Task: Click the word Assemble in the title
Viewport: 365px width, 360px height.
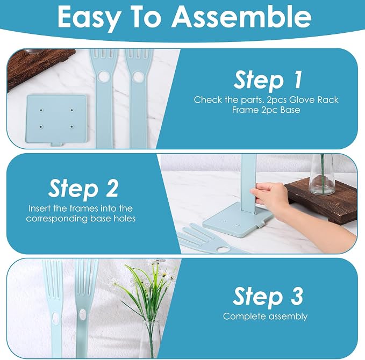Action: point(241,17)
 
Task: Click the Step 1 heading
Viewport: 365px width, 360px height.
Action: point(268,80)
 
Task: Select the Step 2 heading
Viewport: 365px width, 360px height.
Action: point(83,188)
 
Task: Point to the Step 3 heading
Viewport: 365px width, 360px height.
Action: point(268,296)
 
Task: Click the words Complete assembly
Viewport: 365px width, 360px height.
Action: point(265,316)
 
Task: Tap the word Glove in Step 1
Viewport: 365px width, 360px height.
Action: point(302,100)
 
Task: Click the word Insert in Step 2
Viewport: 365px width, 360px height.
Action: point(40,208)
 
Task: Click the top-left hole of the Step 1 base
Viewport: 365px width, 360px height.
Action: point(41,110)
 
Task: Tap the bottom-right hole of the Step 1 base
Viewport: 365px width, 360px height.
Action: point(71,127)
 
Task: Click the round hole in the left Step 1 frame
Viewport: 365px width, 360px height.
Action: point(103,76)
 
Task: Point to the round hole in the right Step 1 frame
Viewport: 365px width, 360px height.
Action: point(138,76)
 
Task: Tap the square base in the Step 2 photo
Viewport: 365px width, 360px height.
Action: point(238,221)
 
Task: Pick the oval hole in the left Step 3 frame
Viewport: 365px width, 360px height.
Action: point(55,318)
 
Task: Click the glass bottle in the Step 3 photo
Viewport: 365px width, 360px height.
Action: point(151,339)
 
